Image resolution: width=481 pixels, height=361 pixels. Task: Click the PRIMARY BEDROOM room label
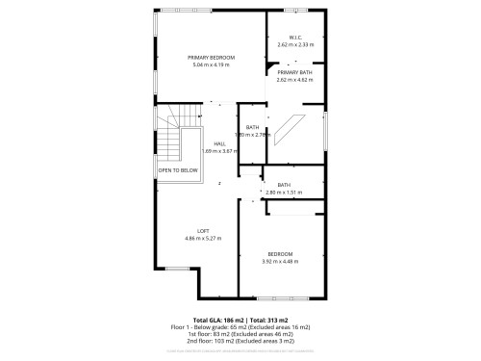coord(212,58)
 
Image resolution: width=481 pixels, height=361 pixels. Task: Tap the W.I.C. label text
coord(295,39)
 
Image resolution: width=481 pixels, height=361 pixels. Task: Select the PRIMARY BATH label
coord(295,72)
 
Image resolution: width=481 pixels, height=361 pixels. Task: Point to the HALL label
coord(219,143)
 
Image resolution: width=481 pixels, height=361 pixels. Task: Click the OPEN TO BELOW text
coord(178,168)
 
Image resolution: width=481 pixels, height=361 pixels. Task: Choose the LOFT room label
coord(203,230)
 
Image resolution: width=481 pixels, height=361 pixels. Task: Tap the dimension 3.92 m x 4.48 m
coord(281,261)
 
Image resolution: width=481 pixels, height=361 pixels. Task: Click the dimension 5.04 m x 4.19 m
coord(212,64)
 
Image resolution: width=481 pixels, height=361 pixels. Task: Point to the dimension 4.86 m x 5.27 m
coord(203,237)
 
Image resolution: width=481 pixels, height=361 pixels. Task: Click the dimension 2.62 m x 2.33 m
coord(295,45)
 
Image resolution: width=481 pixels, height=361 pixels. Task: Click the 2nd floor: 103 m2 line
coord(240,341)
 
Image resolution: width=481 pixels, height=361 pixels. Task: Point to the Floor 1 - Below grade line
coord(240,325)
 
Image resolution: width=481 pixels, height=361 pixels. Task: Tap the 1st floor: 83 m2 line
coord(240,333)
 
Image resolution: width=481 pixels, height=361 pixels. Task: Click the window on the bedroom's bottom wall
coord(285,294)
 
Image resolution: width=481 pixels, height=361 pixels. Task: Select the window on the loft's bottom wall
coord(177,269)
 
